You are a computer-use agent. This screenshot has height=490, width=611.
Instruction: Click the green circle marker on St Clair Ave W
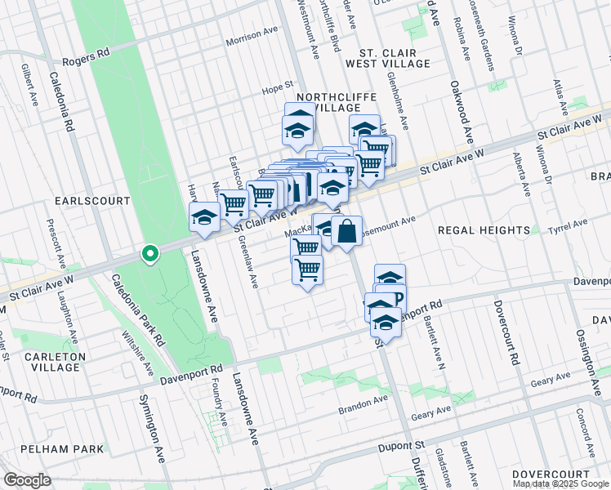[149, 255]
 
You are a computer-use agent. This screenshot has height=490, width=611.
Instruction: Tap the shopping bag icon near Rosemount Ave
[346, 231]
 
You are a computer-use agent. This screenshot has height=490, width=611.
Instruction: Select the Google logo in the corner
[27, 480]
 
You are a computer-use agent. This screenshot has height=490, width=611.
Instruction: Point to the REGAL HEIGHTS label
[484, 231]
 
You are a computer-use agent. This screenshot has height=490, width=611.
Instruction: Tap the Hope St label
[277, 87]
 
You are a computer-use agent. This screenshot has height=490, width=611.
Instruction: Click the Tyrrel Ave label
[568, 225]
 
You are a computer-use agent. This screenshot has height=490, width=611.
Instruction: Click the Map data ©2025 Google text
[560, 483]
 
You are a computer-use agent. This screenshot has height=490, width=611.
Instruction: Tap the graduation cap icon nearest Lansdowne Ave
[203, 218]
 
